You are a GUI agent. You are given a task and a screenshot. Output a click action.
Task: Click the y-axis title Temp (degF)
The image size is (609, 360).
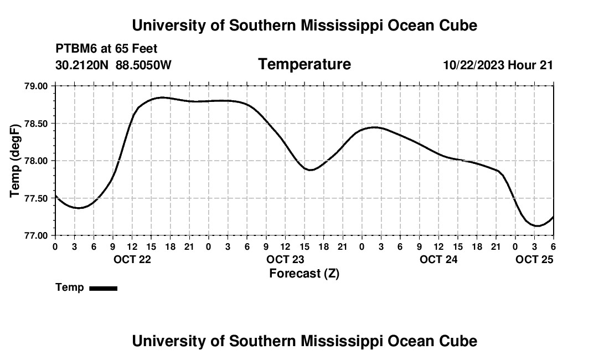(x=16, y=161)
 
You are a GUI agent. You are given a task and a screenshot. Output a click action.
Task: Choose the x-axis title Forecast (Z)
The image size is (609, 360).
(x=304, y=273)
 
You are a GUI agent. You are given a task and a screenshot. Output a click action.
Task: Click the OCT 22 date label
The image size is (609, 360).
(x=132, y=259)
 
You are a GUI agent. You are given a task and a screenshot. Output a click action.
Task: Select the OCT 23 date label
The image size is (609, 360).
(x=285, y=259)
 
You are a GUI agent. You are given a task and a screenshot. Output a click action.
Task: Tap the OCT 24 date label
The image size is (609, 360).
(x=438, y=259)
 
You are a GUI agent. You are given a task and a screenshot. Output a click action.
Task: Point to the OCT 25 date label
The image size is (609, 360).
(x=534, y=259)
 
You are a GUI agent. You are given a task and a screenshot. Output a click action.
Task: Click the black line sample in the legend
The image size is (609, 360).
(x=104, y=288)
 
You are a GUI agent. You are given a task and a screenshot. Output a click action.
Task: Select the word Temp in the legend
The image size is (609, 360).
(x=70, y=287)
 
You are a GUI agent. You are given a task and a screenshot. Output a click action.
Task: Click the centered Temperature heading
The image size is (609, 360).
(x=304, y=64)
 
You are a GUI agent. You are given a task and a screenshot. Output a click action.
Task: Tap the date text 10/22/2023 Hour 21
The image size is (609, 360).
(x=498, y=65)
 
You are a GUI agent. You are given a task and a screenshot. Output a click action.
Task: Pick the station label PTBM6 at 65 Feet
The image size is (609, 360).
(x=106, y=49)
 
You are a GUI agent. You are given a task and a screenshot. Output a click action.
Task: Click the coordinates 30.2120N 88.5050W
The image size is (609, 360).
(x=113, y=65)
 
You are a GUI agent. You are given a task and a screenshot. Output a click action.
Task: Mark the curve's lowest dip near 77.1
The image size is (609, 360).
(x=536, y=226)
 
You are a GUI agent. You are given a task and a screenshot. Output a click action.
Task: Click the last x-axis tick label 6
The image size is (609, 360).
(x=553, y=246)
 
